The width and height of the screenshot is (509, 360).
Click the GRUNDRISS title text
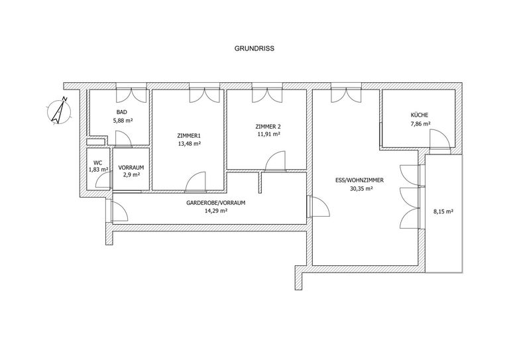[254, 48]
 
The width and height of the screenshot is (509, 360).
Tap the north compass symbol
[59, 110]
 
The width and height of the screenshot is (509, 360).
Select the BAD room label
[122, 112]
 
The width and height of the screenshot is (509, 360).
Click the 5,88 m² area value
[123, 120]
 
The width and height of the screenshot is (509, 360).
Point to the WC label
[98, 162]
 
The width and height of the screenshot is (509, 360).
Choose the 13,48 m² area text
[190, 143]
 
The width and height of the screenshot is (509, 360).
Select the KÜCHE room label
[420, 115]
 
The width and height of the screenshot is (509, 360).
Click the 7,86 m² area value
[420, 123]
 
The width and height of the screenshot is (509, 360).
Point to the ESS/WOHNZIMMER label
[359, 180]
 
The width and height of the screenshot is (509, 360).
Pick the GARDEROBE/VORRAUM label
[215, 203]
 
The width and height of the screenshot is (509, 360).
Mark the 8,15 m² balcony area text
[443, 211]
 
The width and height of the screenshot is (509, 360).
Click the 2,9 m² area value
[131, 175]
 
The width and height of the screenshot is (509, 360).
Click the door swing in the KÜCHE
[439, 139]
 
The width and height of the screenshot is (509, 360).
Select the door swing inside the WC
[103, 180]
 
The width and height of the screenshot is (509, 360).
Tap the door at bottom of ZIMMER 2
[276, 160]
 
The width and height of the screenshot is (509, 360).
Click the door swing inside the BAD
[123, 138]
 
